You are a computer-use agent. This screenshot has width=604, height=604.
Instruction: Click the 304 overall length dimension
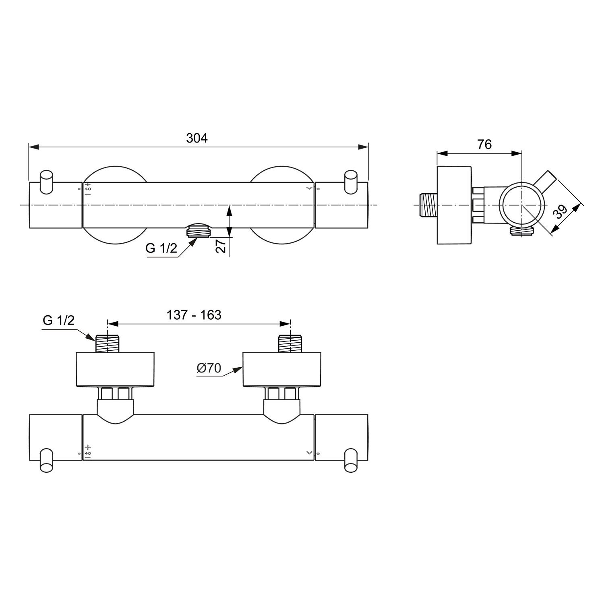click(197, 138)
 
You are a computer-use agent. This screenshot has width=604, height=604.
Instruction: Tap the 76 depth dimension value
click(484, 144)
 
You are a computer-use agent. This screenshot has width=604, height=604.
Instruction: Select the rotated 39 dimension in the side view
click(560, 212)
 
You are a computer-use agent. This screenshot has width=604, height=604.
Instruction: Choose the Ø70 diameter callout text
click(209, 368)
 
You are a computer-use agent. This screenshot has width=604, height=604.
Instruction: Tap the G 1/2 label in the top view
click(161, 248)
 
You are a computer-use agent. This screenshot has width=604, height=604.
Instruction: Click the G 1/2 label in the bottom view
click(59, 321)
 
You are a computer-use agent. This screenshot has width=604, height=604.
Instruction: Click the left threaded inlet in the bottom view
click(107, 343)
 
